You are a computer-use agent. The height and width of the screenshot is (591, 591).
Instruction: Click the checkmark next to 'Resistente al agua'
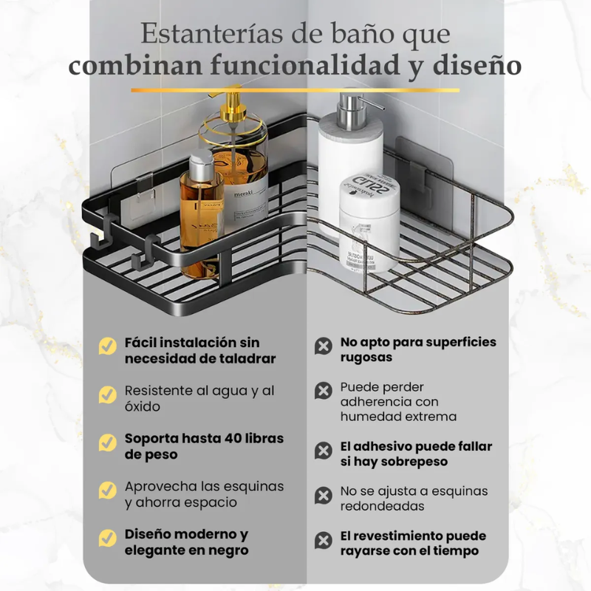click(x=108, y=394)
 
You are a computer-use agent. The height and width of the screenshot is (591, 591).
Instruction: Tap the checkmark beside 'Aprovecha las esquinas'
click(x=108, y=490)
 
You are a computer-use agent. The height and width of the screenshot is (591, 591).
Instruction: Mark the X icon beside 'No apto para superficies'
click(x=323, y=346)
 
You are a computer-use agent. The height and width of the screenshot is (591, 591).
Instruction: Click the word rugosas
click(x=366, y=358)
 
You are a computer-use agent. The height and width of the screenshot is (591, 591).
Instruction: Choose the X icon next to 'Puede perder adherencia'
click(x=323, y=390)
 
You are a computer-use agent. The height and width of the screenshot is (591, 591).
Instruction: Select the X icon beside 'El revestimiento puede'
click(x=323, y=539)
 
